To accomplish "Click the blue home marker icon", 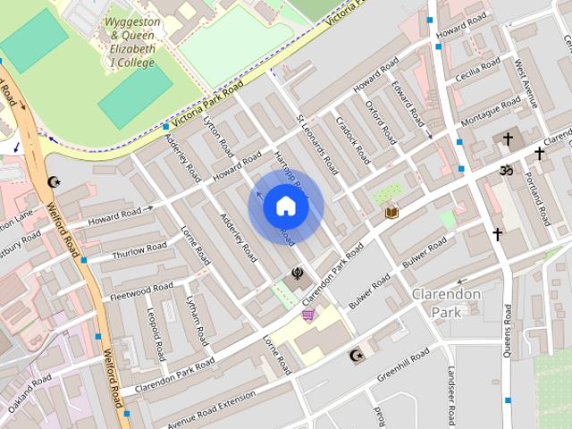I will [286, 206].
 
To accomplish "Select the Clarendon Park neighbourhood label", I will [446, 303].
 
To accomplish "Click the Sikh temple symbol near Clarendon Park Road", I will [298, 274].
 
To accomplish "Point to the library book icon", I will [391, 212].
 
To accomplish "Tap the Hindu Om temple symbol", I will [505, 170].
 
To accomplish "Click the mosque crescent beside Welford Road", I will [53, 182].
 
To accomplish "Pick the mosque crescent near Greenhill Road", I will [356, 356].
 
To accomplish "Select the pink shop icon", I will [309, 315].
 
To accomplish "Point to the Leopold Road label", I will [155, 332].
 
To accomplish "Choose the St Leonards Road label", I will [318, 143].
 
